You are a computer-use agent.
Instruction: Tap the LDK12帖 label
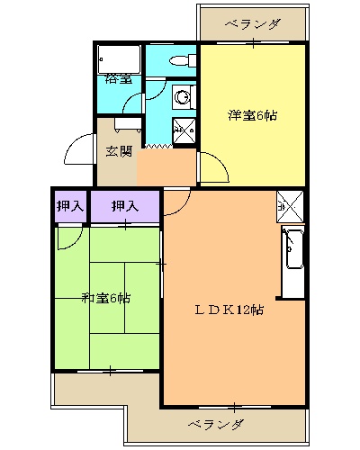point(230,310)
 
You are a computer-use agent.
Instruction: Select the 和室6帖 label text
point(106,298)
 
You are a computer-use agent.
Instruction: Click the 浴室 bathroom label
point(119,78)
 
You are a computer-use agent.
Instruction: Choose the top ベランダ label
point(253,24)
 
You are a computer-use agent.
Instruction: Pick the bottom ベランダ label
point(216,423)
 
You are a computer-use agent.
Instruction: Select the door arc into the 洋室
point(212,167)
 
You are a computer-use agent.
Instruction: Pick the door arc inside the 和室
point(67,238)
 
